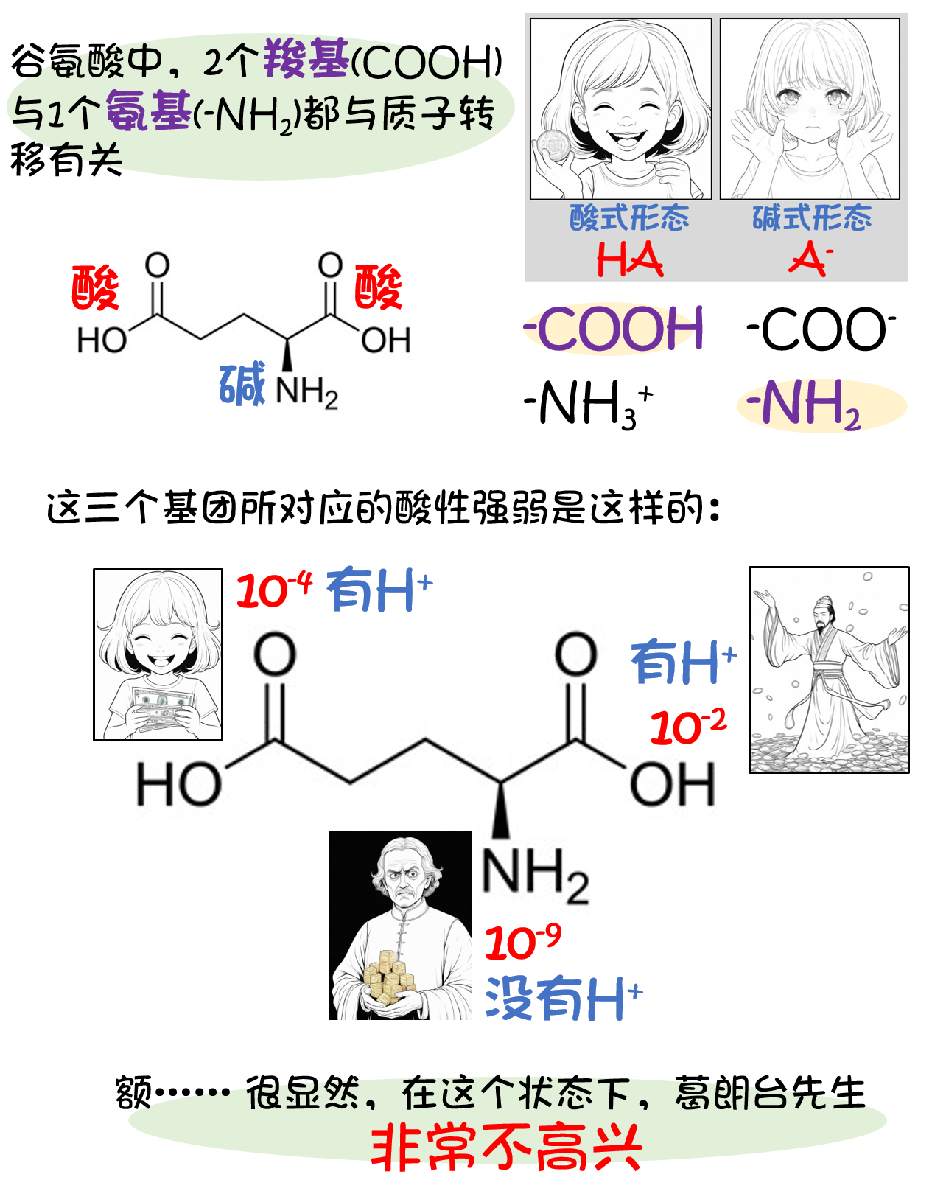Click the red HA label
(629, 259)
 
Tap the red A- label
(810, 259)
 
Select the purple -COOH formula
(614, 329)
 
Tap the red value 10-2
(688, 727)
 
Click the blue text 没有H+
(564, 999)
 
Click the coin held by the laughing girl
(552, 145)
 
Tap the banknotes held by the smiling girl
(161, 708)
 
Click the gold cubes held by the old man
(388, 977)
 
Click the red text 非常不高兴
(506, 1147)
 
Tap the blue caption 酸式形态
(629, 218)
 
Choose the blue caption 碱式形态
(811, 218)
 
